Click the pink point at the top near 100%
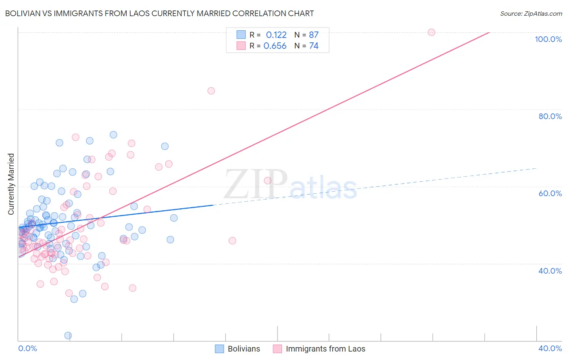click(x=431, y=32)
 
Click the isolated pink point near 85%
click(x=211, y=91)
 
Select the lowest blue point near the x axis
click(x=68, y=335)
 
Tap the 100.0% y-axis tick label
click(x=548, y=39)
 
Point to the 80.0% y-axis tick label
click(x=550, y=116)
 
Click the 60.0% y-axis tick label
click(x=550, y=193)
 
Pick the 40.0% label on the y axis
click(x=550, y=271)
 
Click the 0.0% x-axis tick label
click(x=27, y=348)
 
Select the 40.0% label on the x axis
click(x=550, y=348)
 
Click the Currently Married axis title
click(x=11, y=184)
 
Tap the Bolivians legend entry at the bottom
click(x=244, y=349)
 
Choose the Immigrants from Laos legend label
click(x=325, y=349)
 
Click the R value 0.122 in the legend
click(x=276, y=35)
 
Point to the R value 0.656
click(x=275, y=46)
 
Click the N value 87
click(x=314, y=35)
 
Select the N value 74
click(x=314, y=46)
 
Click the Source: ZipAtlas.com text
click(x=531, y=14)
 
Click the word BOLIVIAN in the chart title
click(x=22, y=14)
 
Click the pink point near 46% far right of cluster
click(x=232, y=241)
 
